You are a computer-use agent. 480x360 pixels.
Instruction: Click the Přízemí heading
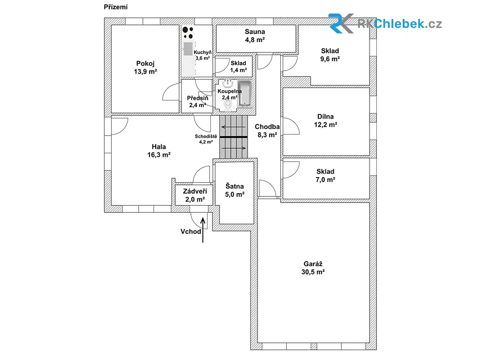point(116,7)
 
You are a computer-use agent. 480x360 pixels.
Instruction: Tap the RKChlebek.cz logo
point(385,23)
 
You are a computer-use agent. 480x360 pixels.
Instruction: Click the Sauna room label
point(255,31)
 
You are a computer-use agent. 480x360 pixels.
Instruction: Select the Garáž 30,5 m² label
point(313,268)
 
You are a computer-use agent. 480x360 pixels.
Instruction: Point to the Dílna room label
point(325,117)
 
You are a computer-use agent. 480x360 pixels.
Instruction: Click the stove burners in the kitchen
point(188,32)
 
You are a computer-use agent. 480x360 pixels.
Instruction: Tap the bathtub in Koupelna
point(245,94)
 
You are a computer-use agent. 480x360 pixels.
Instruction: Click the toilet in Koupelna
point(228,105)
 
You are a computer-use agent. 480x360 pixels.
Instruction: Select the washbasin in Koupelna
point(228,83)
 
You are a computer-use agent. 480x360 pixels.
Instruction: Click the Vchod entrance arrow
point(202,230)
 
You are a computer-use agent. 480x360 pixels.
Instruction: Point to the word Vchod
point(191,232)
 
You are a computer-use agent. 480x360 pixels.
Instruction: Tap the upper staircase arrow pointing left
point(233,127)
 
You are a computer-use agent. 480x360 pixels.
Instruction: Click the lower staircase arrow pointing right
point(233,148)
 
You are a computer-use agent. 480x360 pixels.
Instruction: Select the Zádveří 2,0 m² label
point(195,195)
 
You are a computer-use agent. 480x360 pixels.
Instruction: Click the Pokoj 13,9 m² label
point(145,67)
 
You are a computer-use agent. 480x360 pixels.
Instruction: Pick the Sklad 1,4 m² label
point(239,67)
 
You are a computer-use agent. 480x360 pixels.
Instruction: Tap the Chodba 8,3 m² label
point(267,131)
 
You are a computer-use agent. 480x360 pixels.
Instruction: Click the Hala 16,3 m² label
point(159,150)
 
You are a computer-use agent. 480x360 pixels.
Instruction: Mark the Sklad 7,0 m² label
point(325,175)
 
